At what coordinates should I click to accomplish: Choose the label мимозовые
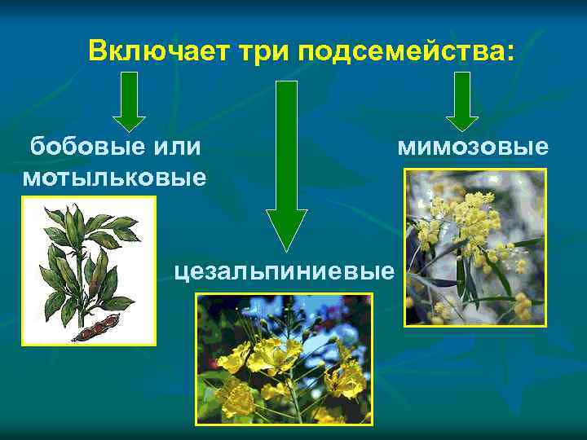point(473,147)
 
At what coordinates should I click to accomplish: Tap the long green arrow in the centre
point(286,163)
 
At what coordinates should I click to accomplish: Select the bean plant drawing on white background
point(88,271)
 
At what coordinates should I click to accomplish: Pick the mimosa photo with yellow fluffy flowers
point(475,247)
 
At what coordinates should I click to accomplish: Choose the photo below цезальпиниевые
point(284,359)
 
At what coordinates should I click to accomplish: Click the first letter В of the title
point(98,51)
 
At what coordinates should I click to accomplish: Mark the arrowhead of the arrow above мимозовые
point(462,121)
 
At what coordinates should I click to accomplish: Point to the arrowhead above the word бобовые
point(129,121)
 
